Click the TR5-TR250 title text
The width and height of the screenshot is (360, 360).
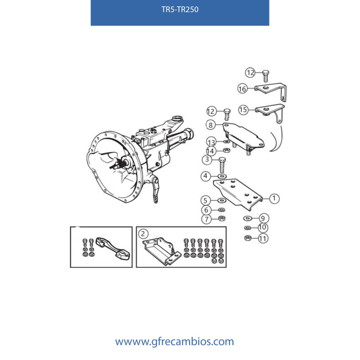(x=180, y=9)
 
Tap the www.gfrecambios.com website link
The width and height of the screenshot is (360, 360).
(x=174, y=341)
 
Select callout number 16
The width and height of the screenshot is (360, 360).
(x=242, y=89)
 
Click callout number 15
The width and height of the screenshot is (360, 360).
(x=243, y=110)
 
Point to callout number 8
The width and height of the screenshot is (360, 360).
(x=211, y=125)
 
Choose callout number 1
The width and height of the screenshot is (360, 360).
(x=274, y=198)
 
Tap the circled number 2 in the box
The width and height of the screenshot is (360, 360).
(x=143, y=234)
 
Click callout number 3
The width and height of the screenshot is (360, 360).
(x=207, y=159)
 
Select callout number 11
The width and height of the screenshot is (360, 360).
(x=263, y=238)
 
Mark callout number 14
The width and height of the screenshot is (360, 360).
(x=211, y=151)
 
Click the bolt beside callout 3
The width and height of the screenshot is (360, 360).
(x=222, y=165)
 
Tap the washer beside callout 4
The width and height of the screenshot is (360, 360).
(x=222, y=176)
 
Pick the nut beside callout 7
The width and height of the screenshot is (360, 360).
(x=222, y=218)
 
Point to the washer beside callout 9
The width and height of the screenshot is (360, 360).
(x=248, y=218)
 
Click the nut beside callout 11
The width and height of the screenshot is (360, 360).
(x=248, y=238)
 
